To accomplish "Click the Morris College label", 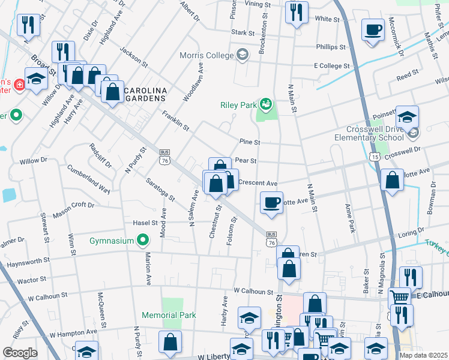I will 207,55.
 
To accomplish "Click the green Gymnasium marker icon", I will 142,241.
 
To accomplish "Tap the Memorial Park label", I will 169,315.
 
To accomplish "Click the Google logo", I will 19,353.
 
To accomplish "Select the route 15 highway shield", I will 375,157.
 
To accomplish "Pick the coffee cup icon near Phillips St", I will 373,29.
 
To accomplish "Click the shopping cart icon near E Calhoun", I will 399,296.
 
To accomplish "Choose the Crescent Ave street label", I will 258,183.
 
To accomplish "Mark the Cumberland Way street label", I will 88,179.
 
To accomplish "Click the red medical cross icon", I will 20,85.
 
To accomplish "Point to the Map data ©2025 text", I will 423,355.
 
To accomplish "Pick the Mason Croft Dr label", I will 74,209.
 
